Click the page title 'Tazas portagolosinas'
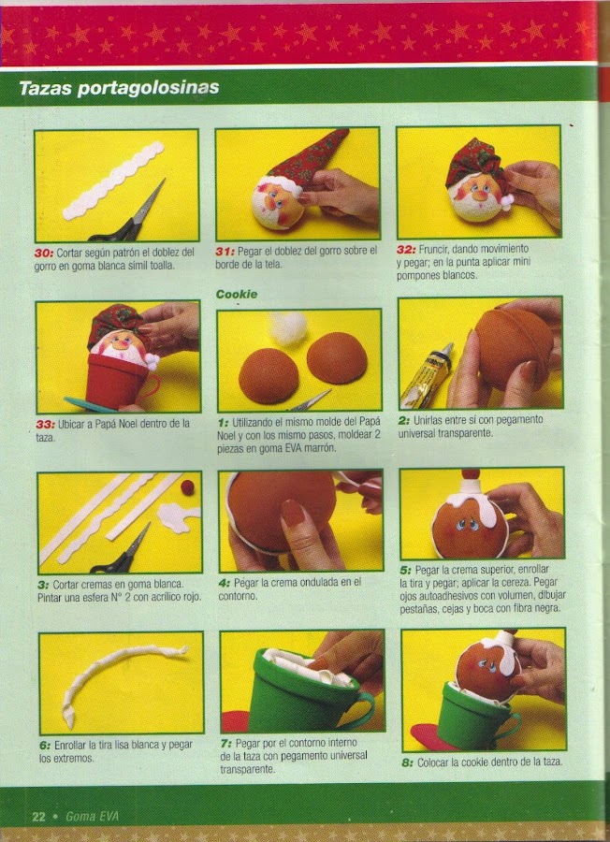point(119,88)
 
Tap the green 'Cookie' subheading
point(237,294)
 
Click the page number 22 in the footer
point(38,816)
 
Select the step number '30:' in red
point(43,252)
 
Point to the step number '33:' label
point(45,424)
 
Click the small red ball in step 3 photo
point(187,487)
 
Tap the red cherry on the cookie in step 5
point(472,474)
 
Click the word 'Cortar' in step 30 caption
point(69,252)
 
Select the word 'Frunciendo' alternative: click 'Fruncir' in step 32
point(433,249)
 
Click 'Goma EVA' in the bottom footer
point(92,817)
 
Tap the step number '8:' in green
point(408,762)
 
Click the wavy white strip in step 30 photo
point(114,180)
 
